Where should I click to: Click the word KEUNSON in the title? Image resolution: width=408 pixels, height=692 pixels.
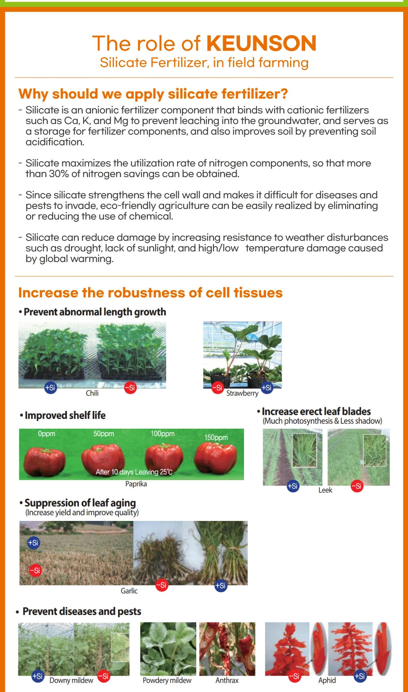click(261, 43)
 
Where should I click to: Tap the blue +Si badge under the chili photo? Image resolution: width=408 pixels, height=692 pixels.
click(50, 387)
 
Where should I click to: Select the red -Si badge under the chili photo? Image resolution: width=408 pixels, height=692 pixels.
click(130, 388)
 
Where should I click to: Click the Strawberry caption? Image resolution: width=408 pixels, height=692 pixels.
click(242, 393)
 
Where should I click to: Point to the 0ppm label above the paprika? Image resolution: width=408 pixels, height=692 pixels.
click(47, 434)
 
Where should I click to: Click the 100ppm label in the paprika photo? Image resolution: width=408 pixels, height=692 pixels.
click(162, 434)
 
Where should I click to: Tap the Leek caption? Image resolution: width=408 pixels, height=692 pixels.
click(325, 490)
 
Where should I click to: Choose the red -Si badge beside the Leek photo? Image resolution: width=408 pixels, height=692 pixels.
click(357, 486)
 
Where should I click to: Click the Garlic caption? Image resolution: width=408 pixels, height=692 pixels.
click(129, 591)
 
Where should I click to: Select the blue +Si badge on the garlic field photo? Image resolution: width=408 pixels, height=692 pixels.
click(33, 543)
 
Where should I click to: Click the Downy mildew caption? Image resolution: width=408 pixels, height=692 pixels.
click(71, 680)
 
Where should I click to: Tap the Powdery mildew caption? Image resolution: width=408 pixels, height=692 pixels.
click(167, 680)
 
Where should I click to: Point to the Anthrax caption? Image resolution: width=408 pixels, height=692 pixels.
click(227, 680)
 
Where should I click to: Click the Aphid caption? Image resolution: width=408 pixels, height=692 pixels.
click(327, 680)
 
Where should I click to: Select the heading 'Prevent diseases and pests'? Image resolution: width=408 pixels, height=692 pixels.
click(82, 611)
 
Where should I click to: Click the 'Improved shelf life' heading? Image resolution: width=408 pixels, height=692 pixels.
click(65, 415)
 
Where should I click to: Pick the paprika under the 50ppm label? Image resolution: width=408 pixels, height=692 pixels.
click(103, 458)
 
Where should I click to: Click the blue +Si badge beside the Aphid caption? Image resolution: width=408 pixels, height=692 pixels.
click(359, 676)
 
